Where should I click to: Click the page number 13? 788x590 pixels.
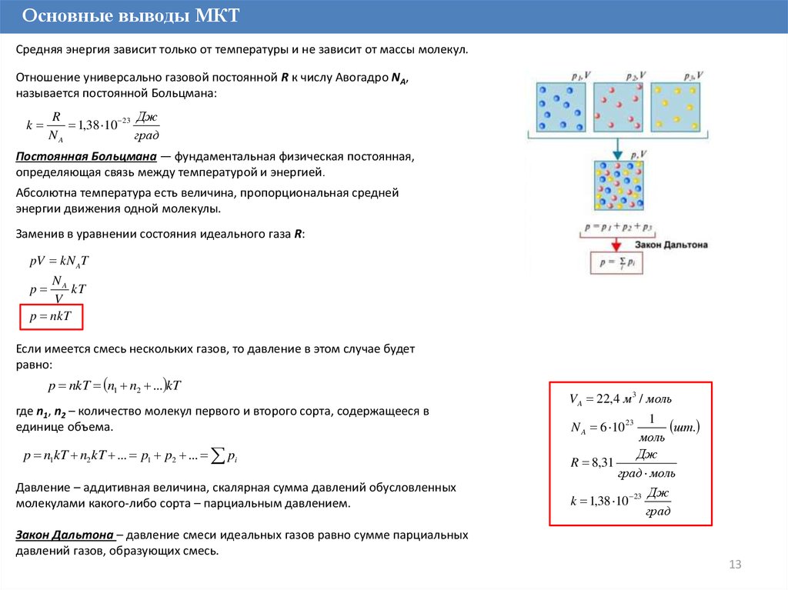click(734, 565)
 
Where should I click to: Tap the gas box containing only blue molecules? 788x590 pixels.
click(556, 108)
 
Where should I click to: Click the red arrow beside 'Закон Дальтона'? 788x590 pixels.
click(616, 244)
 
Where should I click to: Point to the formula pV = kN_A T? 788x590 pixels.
click(59, 261)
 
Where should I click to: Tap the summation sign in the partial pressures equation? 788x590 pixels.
click(219, 455)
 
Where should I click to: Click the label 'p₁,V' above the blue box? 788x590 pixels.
click(580, 75)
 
